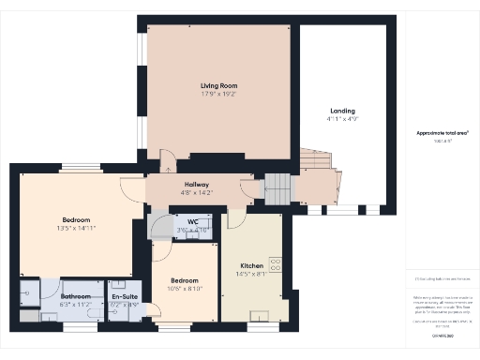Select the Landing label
click(x=342, y=111)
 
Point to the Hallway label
click(x=197, y=185)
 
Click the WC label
click(x=192, y=221)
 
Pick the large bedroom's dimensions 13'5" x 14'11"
click(x=76, y=228)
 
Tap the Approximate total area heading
click(x=442, y=133)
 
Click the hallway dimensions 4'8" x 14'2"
click(x=197, y=193)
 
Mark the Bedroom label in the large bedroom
click(x=76, y=219)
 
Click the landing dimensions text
click(x=342, y=120)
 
